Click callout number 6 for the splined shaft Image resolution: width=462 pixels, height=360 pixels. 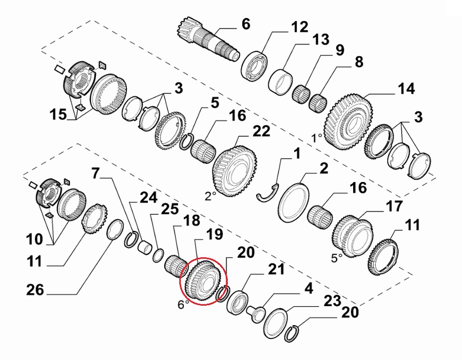click(x=245, y=24)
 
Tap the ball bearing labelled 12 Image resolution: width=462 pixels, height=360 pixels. click(x=254, y=65)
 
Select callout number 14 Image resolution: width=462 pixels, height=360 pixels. click(x=406, y=88)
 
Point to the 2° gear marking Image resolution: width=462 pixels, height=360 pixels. click(x=210, y=196)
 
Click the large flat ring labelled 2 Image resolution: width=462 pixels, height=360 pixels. click(x=294, y=202)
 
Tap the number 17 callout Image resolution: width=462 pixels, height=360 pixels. click(x=394, y=206)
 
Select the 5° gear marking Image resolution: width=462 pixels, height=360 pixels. click(x=337, y=258)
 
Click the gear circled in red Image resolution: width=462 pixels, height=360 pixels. click(x=203, y=281)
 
